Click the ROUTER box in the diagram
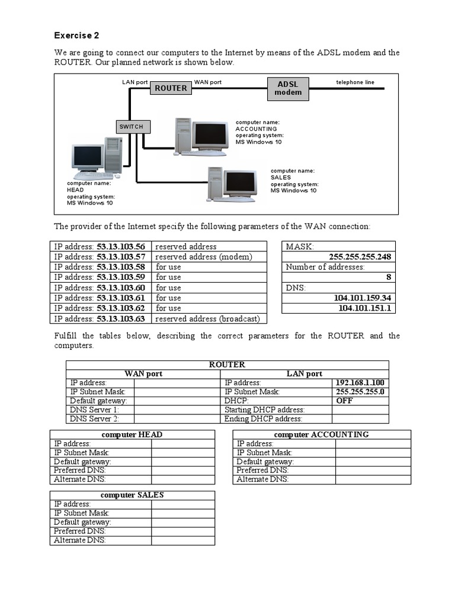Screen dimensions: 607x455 pos(171,88)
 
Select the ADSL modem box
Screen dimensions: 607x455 pos(288,88)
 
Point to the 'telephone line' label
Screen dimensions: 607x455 pos(355,82)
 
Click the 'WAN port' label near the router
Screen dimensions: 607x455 pos(208,82)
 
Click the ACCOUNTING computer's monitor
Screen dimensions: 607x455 pos(210,135)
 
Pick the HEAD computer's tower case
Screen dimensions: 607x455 pos(113,155)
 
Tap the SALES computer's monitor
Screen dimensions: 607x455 pos(241,183)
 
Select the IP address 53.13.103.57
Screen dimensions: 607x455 pos(121,257)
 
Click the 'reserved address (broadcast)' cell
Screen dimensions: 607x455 pos(207,319)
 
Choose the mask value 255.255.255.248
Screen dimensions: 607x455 pos(360,257)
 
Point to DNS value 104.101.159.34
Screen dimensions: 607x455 pos(363,298)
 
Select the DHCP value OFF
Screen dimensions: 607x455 pos(344,401)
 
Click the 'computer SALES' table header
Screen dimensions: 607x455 pos(132,495)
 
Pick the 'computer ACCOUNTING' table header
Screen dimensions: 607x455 pos(321,435)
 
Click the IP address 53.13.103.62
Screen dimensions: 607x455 pos(121,308)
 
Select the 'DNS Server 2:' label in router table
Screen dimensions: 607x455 pos(94,418)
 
